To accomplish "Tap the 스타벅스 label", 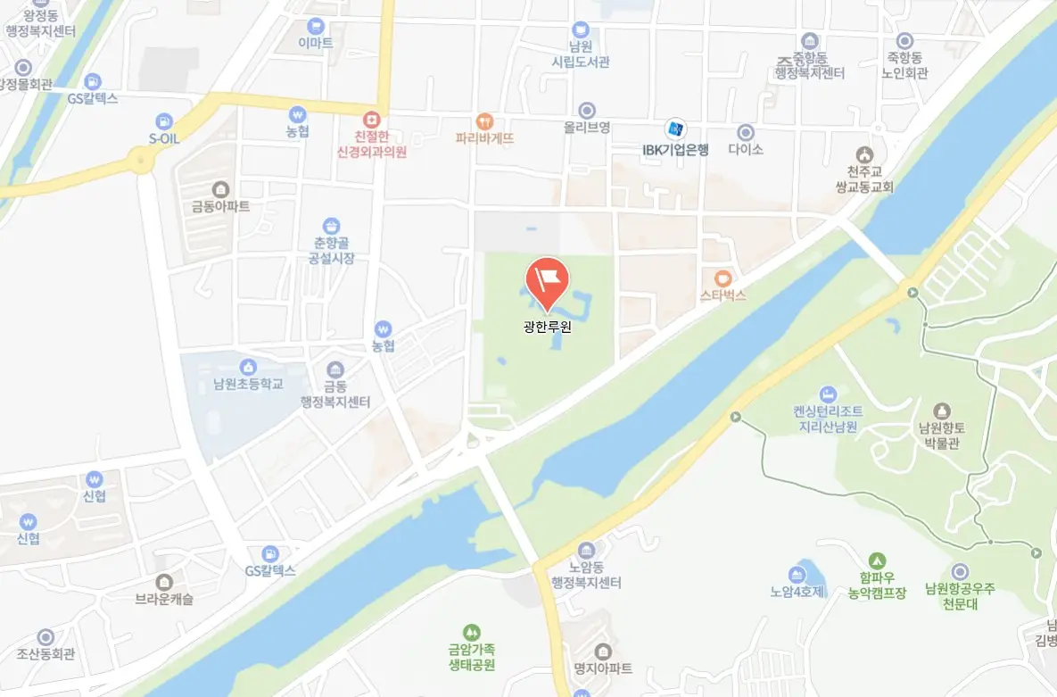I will pos(723,295).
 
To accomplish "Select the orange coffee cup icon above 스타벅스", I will pos(723,277).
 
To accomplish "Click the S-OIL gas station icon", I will pos(164,121).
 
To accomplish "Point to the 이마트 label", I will pos(315,44).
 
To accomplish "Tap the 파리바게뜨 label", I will pos(484,138).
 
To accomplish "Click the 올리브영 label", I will pos(586,128).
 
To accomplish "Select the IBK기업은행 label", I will pos(675,150).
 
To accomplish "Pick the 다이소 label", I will pos(746,150).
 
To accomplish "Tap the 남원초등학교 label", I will pos(248,385).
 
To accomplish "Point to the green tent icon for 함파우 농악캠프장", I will pos(877,560).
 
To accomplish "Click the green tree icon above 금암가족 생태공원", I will pos(472,632).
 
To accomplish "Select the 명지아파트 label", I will pos(603,668).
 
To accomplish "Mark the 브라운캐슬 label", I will pos(164,600).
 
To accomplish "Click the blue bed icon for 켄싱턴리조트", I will pos(828,394).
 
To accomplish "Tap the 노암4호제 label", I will pos(797,591).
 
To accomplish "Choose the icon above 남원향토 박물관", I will pos(942,411).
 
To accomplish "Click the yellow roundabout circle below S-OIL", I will pos(139,162).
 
